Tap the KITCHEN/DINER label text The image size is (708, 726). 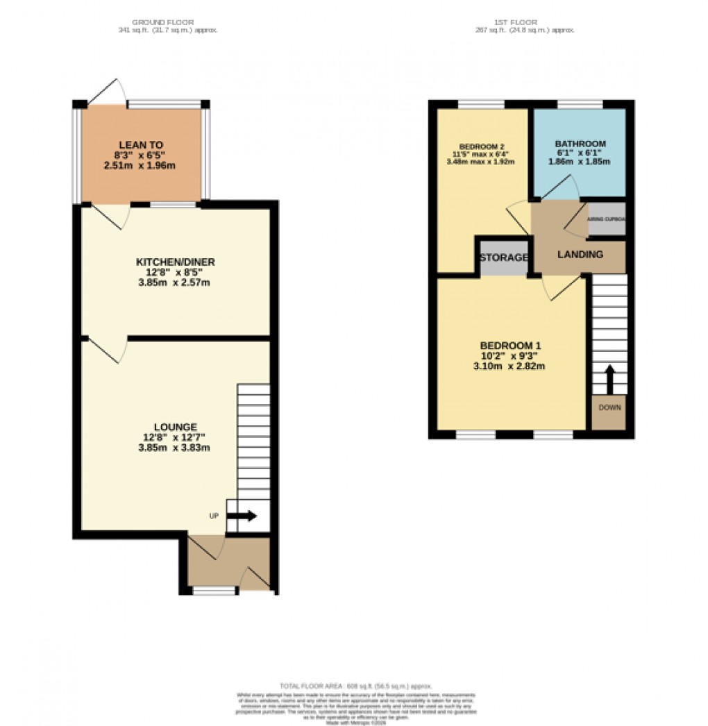[x=175, y=262]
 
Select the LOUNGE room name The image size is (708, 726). [x=176, y=427]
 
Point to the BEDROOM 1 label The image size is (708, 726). [x=510, y=346]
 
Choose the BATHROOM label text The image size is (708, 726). [x=580, y=144]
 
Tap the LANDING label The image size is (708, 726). [x=580, y=255]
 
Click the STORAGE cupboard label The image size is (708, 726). [x=503, y=258]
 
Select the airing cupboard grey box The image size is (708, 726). [x=606, y=219]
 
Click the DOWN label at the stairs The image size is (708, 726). [x=609, y=407]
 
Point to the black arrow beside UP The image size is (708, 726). [x=245, y=516]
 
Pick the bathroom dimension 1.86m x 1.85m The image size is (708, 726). [x=580, y=162]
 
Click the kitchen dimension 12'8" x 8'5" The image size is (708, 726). [x=175, y=273]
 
